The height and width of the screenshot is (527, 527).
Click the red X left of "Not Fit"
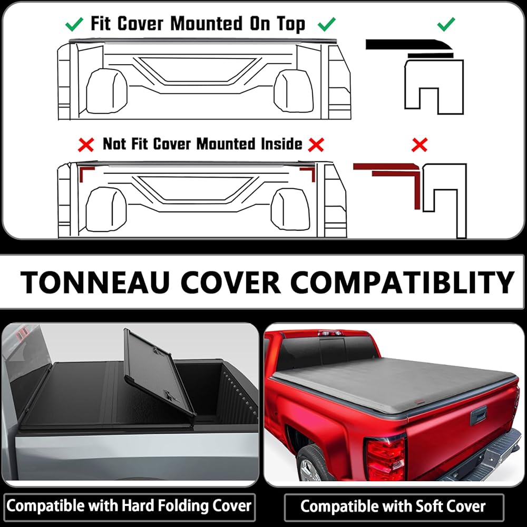point(85,144)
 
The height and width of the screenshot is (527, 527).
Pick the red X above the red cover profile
point(419,144)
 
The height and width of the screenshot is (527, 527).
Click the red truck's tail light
point(386,457)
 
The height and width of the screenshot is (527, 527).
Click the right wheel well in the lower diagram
point(290,210)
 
